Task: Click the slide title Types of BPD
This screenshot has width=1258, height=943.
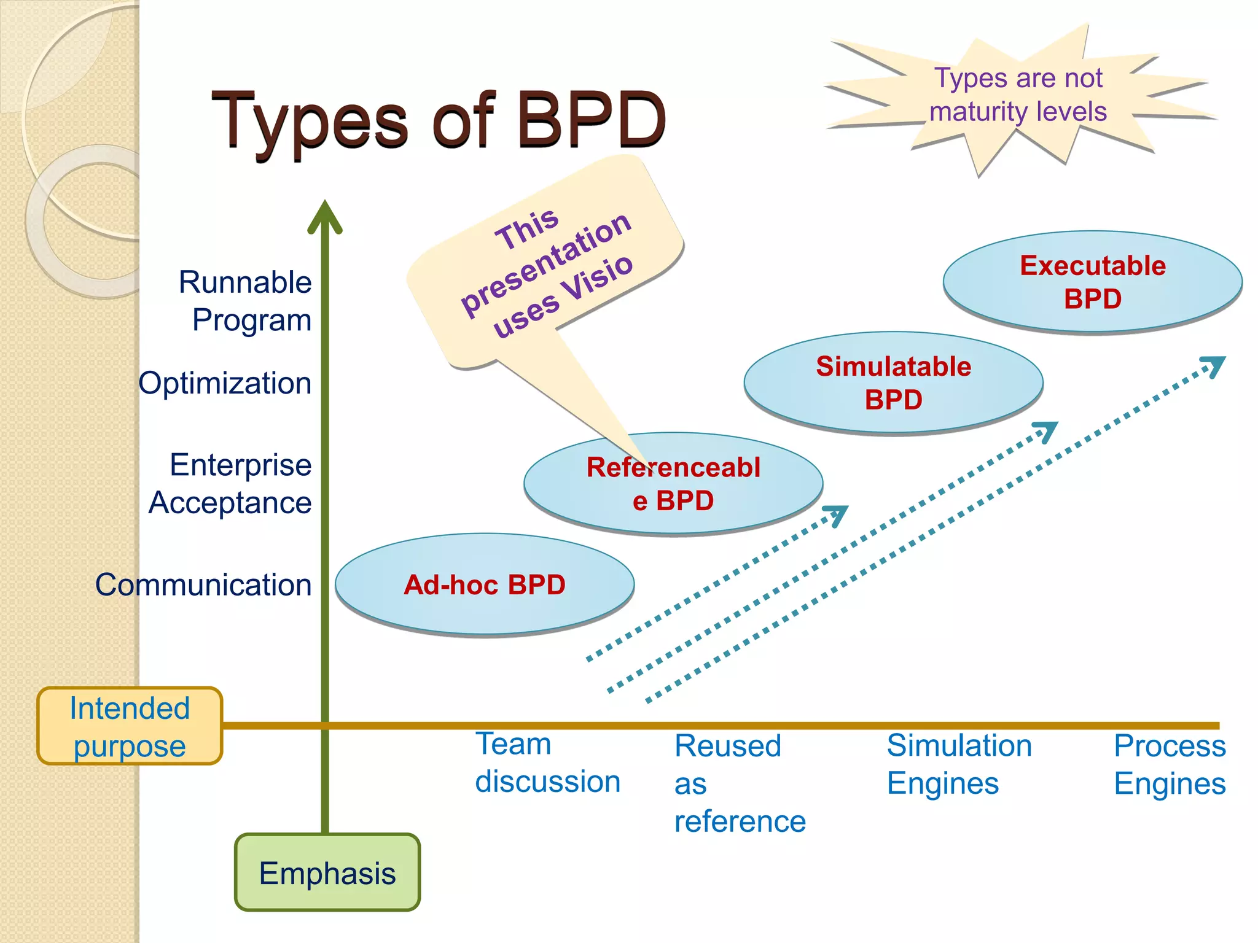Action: [x=439, y=120]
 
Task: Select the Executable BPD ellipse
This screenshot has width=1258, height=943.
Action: [x=1092, y=282]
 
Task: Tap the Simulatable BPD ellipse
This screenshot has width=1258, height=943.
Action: [x=893, y=383]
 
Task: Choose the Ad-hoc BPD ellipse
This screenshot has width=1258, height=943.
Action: [x=485, y=584]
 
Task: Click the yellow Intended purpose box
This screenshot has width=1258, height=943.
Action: [x=130, y=726]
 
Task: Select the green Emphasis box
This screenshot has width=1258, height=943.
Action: [x=327, y=872]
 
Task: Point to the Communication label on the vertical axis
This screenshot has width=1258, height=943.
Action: [x=203, y=584]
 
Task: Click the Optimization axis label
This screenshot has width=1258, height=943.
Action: [x=225, y=383]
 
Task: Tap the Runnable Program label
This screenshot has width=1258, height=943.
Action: [x=246, y=301]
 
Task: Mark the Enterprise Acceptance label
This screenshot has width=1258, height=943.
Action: [x=231, y=484]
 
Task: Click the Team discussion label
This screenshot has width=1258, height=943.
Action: [x=547, y=763]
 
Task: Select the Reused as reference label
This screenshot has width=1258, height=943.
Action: [x=739, y=783]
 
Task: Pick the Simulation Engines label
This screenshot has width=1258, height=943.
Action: [x=958, y=764]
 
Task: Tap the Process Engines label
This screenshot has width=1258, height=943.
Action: [x=1169, y=764]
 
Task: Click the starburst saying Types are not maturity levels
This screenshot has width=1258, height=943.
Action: [x=1018, y=95]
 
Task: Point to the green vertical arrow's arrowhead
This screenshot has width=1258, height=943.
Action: [x=325, y=215]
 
